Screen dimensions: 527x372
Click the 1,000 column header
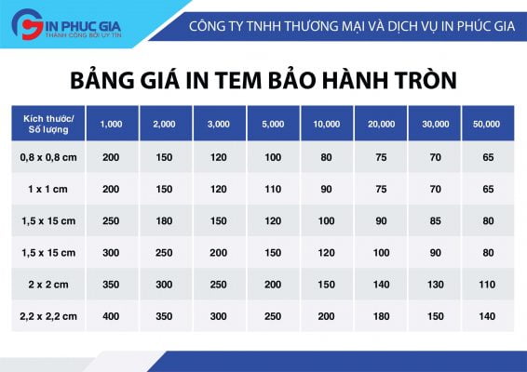click(x=111, y=125)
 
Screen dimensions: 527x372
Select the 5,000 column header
click(x=273, y=125)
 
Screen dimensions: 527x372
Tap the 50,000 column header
click(x=486, y=125)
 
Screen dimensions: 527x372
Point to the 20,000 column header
click(x=381, y=125)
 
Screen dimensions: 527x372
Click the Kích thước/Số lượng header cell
click(x=48, y=125)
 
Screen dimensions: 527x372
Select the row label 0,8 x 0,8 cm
click(x=48, y=157)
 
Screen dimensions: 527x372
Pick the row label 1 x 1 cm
click(x=48, y=189)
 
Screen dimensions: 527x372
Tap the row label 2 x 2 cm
click(x=48, y=285)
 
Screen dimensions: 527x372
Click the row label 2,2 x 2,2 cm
click(x=48, y=316)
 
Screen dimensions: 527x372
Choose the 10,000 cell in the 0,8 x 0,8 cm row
click(x=326, y=157)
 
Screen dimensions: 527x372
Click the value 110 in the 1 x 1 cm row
click(x=273, y=189)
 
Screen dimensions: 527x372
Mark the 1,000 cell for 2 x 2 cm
click(x=111, y=285)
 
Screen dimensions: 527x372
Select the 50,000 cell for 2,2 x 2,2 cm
click(x=487, y=316)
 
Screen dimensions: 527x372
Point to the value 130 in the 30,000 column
click(x=436, y=285)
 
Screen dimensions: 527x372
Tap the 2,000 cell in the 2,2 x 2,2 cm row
click(x=164, y=316)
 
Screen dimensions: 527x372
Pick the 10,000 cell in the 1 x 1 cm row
click(x=326, y=189)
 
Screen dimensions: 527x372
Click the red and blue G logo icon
click(x=27, y=24)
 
